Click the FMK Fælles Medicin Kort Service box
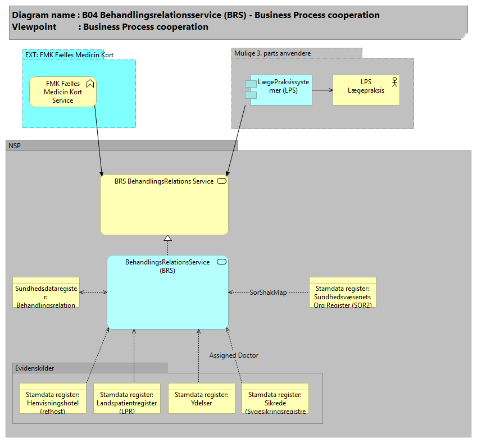click(x=62, y=92)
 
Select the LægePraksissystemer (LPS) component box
click(x=281, y=89)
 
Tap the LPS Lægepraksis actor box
click(x=366, y=89)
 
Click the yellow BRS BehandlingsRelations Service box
click(x=164, y=204)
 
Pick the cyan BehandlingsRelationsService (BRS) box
click(x=167, y=292)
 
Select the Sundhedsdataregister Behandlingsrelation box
click(x=46, y=292)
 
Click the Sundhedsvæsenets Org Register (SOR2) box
click(x=342, y=292)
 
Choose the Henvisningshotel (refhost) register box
click(x=52, y=398)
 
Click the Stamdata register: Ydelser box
click(x=202, y=398)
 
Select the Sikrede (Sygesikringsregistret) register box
click(x=275, y=398)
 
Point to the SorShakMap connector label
click(x=268, y=293)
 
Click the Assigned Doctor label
click(x=234, y=355)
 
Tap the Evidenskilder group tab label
click(x=35, y=368)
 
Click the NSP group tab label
click(x=15, y=146)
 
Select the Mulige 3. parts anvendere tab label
click(x=272, y=53)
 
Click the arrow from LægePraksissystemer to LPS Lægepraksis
click(x=322, y=89)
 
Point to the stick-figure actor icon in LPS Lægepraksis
click(x=393, y=83)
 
